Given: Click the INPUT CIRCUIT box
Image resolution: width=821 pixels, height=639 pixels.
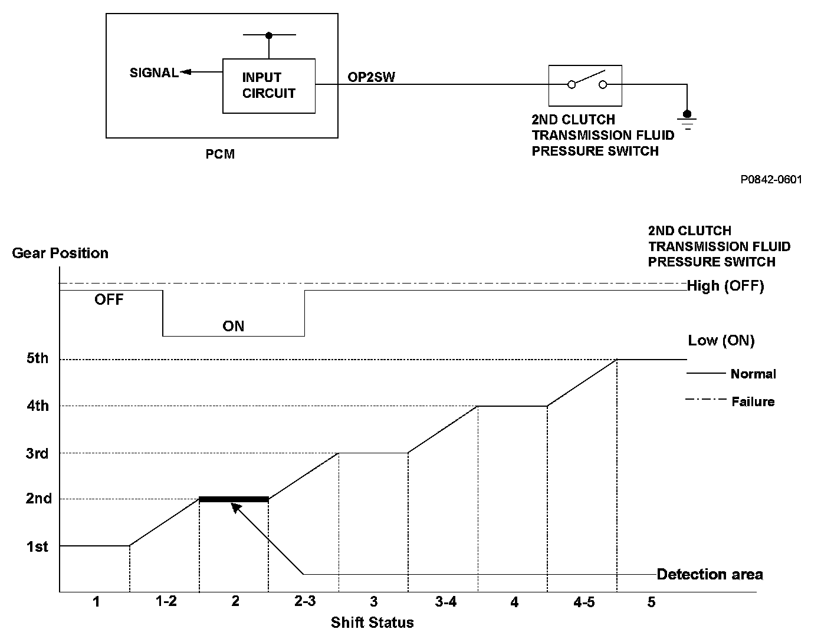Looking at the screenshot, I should pos(268,85).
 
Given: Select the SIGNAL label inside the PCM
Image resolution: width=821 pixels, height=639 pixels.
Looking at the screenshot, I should pos(154,73).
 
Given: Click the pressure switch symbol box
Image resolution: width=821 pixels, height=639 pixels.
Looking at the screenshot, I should pos(585,85).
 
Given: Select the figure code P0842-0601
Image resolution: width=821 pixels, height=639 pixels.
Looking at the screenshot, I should pos(771,180).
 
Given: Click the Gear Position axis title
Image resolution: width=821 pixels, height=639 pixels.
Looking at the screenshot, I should pos(60,253).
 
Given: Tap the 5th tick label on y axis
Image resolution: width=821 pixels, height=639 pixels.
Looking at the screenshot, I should pos(38,358).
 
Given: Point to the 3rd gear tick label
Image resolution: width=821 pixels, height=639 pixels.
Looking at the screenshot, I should pos(38,453).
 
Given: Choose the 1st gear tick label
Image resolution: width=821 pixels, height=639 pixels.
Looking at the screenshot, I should pos(37,547).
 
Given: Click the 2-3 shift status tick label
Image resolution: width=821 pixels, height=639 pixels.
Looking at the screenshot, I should pos(304,602).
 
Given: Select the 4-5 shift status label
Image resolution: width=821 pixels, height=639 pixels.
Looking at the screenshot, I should pos(583,602).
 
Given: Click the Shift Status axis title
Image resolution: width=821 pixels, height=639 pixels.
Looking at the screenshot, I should pos(372,622).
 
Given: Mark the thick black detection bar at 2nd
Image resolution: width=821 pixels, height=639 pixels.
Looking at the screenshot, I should pos(234,499).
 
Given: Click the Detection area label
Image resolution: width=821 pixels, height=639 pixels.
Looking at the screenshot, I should pos(710,574).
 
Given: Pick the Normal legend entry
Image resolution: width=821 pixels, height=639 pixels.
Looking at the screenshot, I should pos(753,374).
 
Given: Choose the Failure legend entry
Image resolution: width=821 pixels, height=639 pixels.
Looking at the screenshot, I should pos(753,402).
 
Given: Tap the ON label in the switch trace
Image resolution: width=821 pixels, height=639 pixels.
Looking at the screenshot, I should pos(234,326).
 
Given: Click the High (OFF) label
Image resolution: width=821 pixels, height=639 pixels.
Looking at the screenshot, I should pos(725,286).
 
